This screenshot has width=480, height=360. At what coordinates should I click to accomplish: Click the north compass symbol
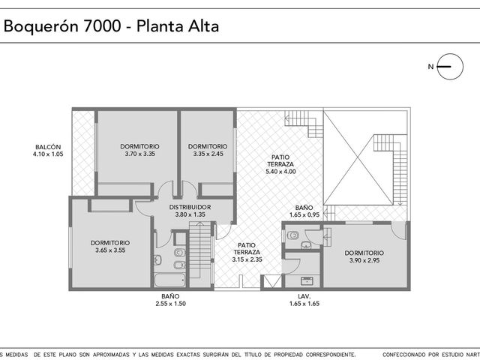(450, 67)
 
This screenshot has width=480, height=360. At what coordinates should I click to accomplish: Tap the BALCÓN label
(48, 147)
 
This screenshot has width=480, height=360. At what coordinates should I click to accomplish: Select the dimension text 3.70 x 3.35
(140, 154)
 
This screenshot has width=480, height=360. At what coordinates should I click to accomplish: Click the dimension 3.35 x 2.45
(208, 154)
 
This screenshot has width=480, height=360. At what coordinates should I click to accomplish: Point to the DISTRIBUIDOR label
(190, 207)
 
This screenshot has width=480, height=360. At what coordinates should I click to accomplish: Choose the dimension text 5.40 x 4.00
(280, 172)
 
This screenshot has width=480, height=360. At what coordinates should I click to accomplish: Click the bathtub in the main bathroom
(170, 280)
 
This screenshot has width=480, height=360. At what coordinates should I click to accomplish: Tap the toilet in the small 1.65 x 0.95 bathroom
(293, 235)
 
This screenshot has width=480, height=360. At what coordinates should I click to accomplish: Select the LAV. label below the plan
(304, 296)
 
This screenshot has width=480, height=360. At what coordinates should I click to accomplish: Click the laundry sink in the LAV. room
(307, 281)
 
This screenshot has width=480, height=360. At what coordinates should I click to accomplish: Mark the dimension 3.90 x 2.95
(364, 260)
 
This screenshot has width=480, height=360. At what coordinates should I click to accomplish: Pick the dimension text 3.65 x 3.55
(110, 250)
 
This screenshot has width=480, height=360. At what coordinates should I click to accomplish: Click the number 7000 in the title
(102, 26)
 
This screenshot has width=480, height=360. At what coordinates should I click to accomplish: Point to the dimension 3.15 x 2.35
(247, 259)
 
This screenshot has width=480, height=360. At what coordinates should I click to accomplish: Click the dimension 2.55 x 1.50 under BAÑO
(170, 304)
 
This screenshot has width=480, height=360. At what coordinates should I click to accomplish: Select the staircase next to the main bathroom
(200, 254)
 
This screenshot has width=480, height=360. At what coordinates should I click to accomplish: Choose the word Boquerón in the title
(41, 26)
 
